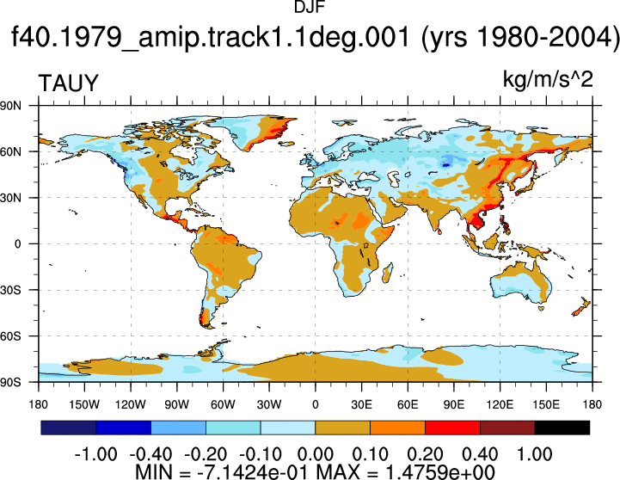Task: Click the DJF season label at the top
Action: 310,7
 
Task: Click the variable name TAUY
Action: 69,83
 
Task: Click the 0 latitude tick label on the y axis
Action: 18,244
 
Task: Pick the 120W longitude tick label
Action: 131,404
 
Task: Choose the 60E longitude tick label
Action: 408,404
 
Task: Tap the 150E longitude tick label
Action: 546,404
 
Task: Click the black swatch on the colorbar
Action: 562,428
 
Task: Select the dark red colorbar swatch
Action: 507,428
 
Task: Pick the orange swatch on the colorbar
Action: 398,428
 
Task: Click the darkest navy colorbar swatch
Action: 69,428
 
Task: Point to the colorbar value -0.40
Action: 151,454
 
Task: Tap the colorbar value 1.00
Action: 535,454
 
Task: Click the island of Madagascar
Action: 388,274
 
